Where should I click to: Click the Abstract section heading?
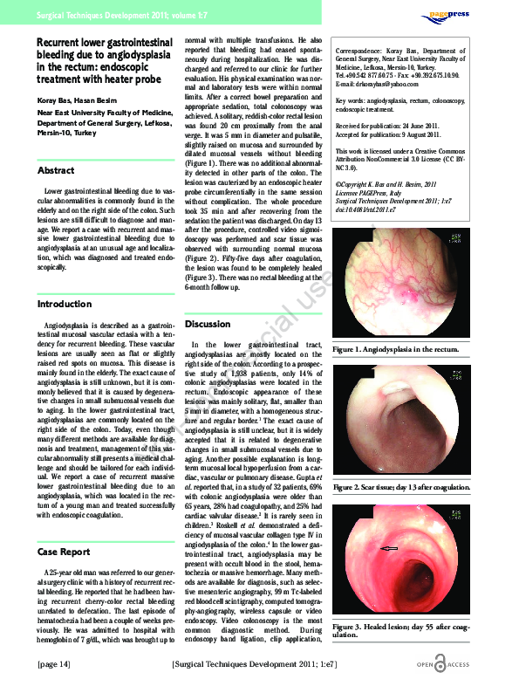click(x=56, y=170)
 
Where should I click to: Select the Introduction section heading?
click(x=65, y=304)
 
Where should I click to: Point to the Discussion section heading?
click(x=208, y=324)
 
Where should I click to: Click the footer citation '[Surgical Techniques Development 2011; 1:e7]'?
click(x=255, y=665)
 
